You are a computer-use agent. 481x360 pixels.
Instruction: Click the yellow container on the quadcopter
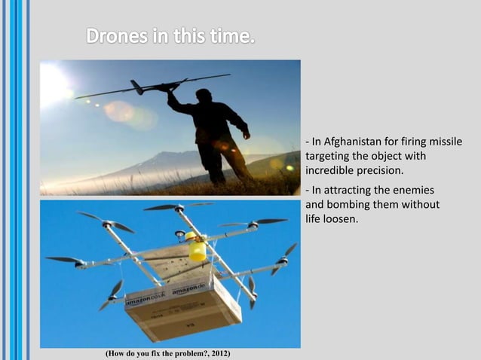(x=198, y=249)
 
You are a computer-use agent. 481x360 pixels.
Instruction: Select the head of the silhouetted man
(x=204, y=96)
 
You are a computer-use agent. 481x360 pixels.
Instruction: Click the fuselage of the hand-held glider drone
(x=155, y=87)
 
